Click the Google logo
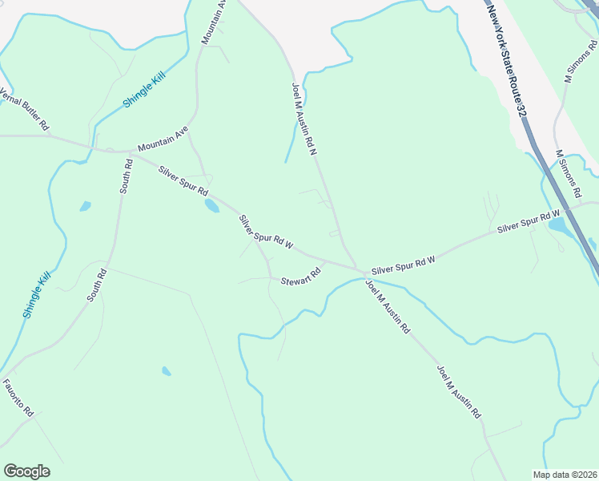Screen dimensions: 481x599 (26, 471)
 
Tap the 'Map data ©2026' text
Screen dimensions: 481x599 (565, 475)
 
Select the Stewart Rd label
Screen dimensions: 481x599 (300, 277)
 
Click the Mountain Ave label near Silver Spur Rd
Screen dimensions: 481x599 (163, 139)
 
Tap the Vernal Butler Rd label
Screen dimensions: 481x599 (25, 110)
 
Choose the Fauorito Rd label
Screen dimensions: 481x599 (18, 397)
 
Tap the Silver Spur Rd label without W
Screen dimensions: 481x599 (183, 181)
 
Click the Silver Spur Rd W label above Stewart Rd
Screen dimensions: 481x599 (266, 232)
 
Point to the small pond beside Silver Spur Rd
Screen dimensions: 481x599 (211, 206)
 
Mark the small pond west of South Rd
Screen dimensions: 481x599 (85, 207)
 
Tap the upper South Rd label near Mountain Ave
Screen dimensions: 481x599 (126, 176)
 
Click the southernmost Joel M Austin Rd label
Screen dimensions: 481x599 (459, 392)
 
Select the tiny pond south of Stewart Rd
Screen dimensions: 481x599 (166, 371)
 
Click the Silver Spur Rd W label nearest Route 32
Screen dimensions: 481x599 (528, 222)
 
